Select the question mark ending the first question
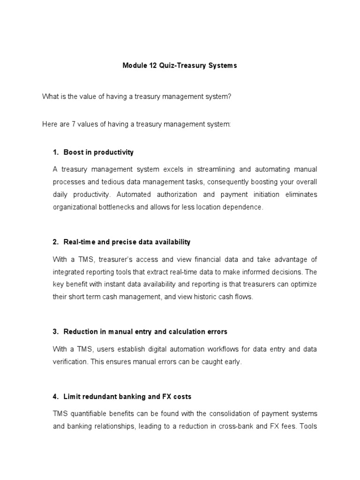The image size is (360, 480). pyautogui.click(x=230, y=96)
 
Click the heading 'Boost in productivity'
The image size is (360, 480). pyautogui.click(x=98, y=152)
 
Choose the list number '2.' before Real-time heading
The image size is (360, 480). pyautogui.click(x=56, y=242)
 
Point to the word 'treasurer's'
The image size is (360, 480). pyautogui.click(x=111, y=259)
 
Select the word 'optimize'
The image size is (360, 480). pyautogui.click(x=303, y=285)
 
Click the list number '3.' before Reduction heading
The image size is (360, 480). pyautogui.click(x=56, y=331)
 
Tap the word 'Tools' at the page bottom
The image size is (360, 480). pyautogui.click(x=308, y=426)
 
